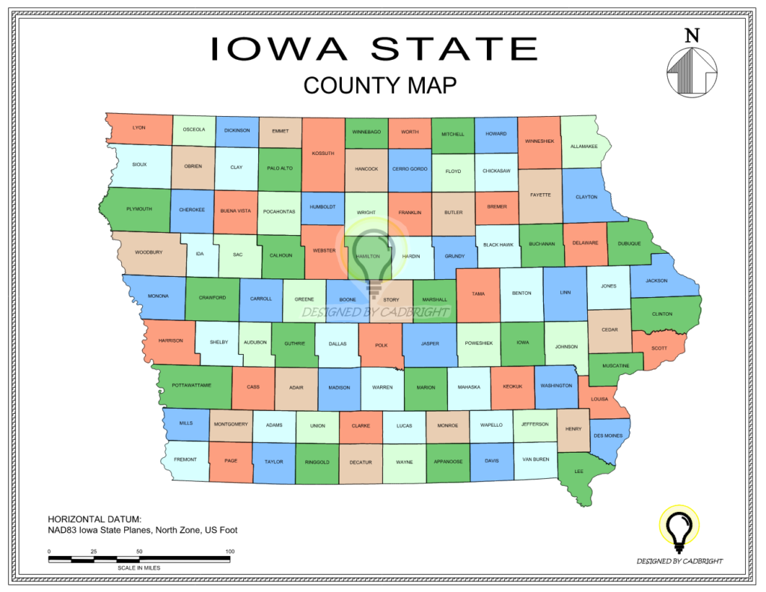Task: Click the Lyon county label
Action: click(138, 128)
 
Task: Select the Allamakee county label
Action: click(583, 147)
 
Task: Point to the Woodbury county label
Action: click(149, 252)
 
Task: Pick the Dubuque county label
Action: click(629, 243)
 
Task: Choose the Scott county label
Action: click(659, 348)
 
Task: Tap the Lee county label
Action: click(578, 472)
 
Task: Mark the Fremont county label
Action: click(185, 460)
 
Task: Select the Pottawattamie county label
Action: click(191, 385)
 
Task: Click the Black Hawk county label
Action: click(497, 245)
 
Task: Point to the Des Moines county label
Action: click(607, 436)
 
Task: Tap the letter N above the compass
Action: click(692, 35)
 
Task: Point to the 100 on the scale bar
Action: click(230, 552)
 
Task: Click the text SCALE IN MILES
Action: click(138, 567)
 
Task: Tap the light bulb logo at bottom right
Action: click(679, 528)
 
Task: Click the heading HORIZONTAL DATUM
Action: click(94, 519)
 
